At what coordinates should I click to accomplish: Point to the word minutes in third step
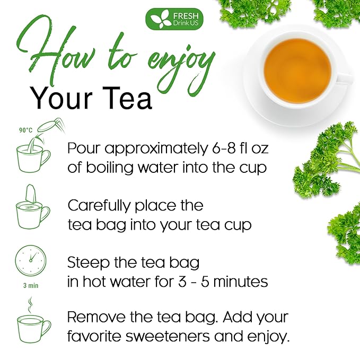tap(242, 282)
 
